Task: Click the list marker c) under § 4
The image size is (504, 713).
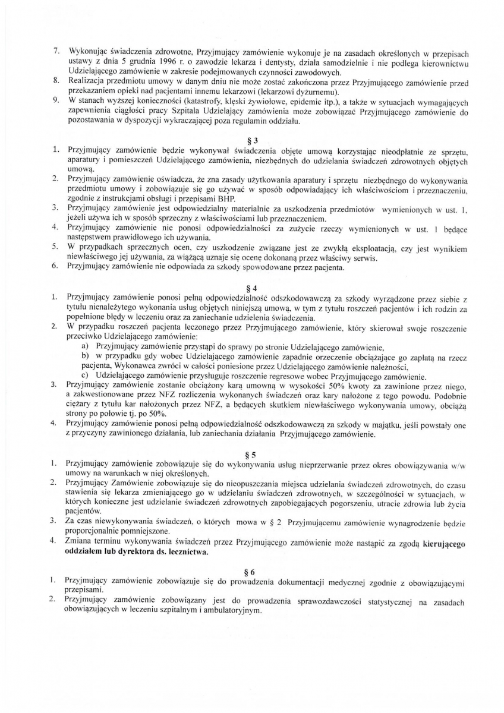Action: (x=86, y=376)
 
